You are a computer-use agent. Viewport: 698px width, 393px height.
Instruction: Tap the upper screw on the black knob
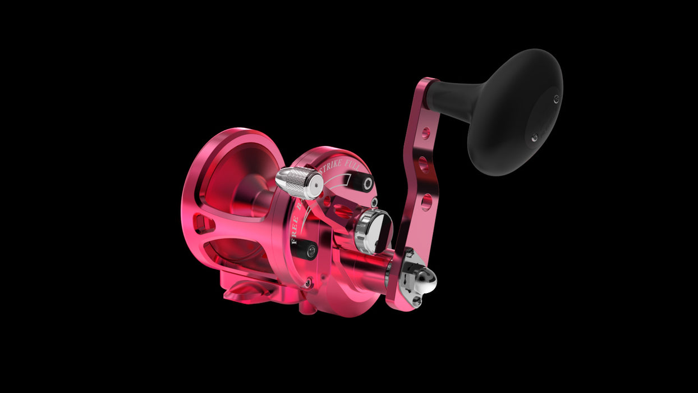point(556,99)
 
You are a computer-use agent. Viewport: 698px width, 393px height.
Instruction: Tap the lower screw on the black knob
point(534,136)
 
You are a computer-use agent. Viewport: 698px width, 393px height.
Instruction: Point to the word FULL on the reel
point(359,168)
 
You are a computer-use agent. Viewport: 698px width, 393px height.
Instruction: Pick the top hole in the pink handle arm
point(426,133)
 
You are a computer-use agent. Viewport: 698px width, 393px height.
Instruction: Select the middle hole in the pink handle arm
point(424,165)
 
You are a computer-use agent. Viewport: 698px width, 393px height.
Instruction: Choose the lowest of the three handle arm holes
point(426,201)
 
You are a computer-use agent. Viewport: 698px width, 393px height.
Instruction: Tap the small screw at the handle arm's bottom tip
point(416,301)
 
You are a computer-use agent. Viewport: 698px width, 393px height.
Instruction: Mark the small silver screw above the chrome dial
point(374,203)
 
